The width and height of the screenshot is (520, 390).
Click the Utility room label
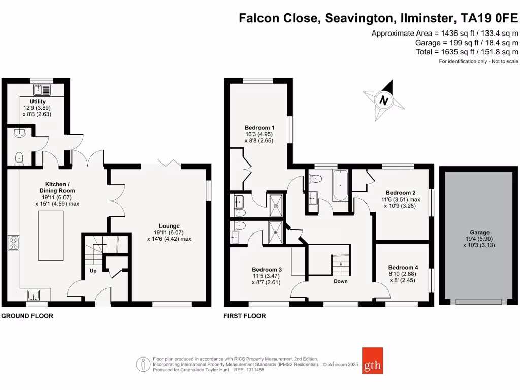click(37, 102)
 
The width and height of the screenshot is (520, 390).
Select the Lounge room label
click(169, 226)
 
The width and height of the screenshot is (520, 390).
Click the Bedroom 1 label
click(259, 127)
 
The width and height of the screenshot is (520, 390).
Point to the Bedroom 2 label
click(401, 193)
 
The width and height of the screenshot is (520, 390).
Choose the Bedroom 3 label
click(267, 270)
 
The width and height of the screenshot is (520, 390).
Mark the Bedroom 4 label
click(403, 268)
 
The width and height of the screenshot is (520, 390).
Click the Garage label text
click(479, 232)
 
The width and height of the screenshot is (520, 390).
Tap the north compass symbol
click(384, 101)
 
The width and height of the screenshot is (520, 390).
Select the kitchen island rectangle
click(51, 236)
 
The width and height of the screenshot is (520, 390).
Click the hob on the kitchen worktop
click(13, 244)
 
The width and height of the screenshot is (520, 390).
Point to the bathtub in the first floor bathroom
click(340, 186)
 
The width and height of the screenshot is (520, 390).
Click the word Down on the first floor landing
click(340, 281)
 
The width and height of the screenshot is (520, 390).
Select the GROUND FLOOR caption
click(27, 316)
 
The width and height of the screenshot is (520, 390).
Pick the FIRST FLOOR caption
click(245, 316)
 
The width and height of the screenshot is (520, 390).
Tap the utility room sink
click(42, 90)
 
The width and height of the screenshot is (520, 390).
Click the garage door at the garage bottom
click(479, 301)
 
